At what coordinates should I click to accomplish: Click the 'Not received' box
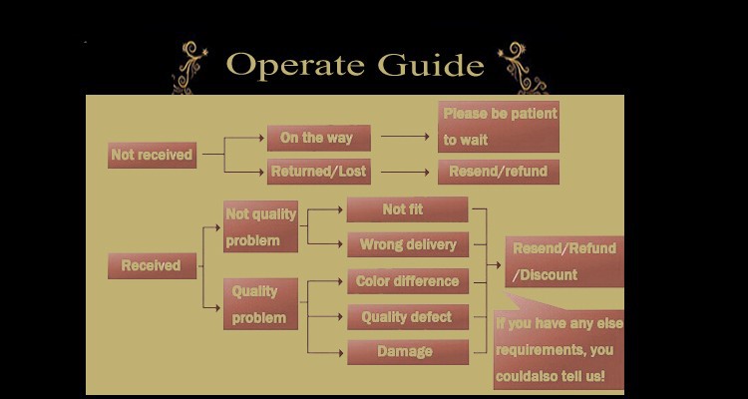(152, 156)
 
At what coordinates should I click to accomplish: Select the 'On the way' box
(318, 138)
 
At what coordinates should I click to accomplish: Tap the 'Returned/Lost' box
(318, 172)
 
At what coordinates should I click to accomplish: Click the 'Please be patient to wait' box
(499, 127)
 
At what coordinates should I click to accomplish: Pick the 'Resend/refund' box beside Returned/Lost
(498, 172)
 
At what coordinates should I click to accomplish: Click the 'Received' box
(152, 265)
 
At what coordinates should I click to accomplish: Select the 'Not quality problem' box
(260, 226)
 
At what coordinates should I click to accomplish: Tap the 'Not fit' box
(407, 209)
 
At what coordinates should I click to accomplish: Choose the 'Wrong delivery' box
(407, 244)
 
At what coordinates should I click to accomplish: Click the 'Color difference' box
(407, 281)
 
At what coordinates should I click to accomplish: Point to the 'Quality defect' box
(407, 317)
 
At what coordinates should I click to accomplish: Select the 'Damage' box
(407, 351)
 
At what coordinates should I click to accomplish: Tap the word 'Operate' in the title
(295, 65)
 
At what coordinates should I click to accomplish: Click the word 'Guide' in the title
(431, 65)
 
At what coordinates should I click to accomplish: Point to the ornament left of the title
(189, 68)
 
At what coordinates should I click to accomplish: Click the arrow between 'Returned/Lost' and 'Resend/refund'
(404, 172)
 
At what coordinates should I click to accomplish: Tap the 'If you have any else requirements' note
(559, 350)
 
